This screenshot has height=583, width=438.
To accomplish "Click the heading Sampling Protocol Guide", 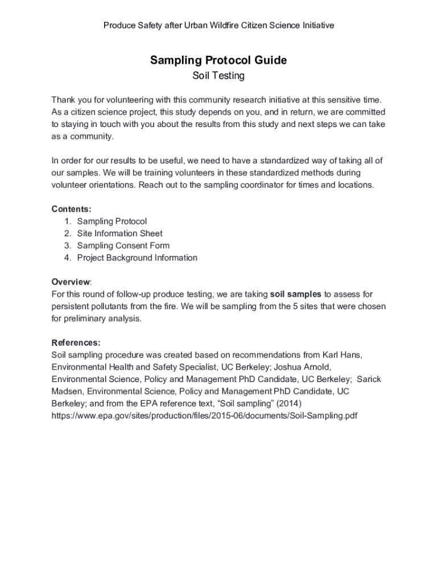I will click(x=218, y=60).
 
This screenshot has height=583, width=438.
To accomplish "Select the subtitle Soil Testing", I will click(x=218, y=76).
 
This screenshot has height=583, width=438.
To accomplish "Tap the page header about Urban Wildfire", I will click(x=218, y=26).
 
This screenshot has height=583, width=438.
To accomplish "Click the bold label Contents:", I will click(x=71, y=209).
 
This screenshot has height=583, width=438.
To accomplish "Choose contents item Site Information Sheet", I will click(x=119, y=233).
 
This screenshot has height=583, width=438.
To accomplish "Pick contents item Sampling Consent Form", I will click(x=123, y=245).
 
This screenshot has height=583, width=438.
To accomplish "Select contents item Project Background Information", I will click(x=137, y=258).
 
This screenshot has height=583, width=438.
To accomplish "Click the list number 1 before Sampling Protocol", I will click(x=67, y=221).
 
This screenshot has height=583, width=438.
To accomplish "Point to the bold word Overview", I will click(x=71, y=282).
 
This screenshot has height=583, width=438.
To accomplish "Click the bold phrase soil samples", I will click(x=295, y=294).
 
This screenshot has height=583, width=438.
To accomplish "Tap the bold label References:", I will click(x=76, y=343).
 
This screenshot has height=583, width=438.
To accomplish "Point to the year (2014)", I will click(x=288, y=404).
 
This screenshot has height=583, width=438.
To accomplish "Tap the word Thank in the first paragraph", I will click(x=63, y=100).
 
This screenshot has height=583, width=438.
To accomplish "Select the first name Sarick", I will click(x=369, y=379).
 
